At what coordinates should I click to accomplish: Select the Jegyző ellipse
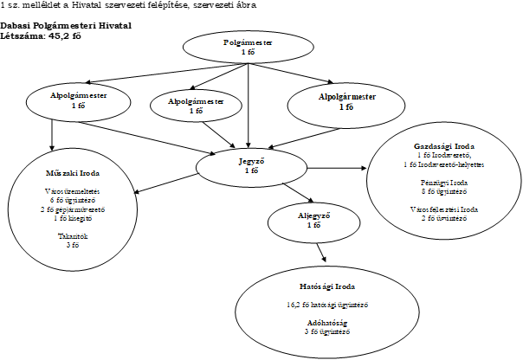coord(251,165)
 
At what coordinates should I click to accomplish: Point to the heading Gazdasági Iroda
coord(443,146)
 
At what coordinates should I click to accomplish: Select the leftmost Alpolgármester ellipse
coord(79,100)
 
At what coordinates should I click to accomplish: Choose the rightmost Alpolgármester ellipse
coord(345,102)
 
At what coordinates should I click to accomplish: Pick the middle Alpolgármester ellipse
coord(195,105)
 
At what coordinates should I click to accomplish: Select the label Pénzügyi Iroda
coord(443,183)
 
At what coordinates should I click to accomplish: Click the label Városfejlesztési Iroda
coord(443,210)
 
